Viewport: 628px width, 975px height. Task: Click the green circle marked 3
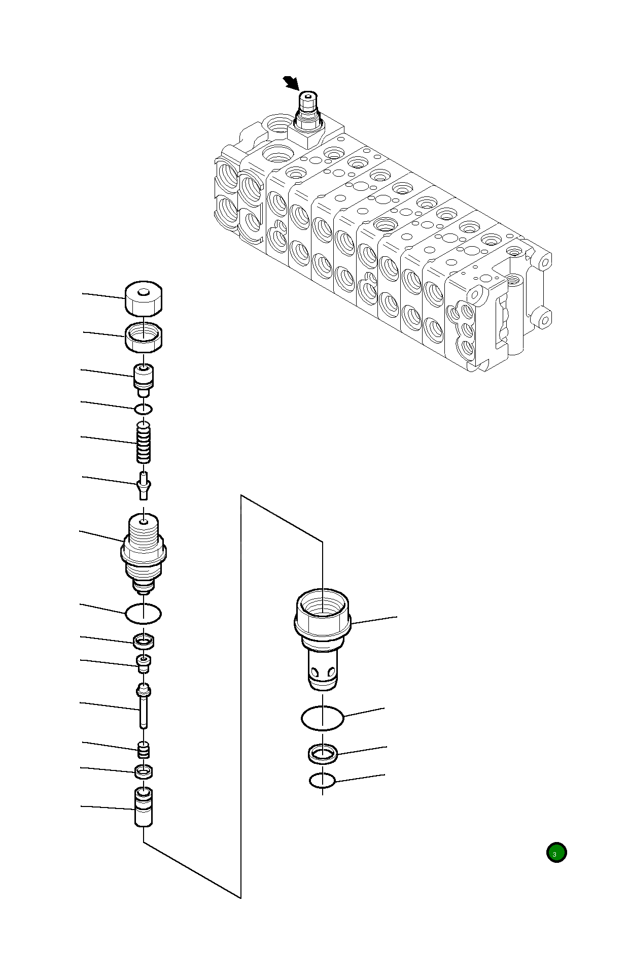point(556,853)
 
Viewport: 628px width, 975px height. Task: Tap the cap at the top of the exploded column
point(144,299)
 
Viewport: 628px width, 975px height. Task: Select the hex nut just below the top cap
point(144,337)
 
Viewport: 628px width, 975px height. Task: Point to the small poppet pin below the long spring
point(144,485)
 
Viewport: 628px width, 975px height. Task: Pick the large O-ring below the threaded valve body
point(144,614)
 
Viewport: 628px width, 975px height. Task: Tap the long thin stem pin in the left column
point(144,707)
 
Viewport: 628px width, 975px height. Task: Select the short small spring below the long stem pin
point(144,750)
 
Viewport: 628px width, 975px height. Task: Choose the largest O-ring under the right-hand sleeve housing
point(322,718)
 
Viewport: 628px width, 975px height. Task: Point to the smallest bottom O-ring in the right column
point(322,781)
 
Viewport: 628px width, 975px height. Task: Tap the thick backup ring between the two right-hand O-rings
point(323,754)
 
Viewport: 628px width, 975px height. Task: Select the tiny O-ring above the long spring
point(144,409)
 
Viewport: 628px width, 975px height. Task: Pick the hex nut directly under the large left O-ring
point(144,642)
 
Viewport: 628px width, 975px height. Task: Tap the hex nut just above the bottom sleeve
point(144,772)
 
